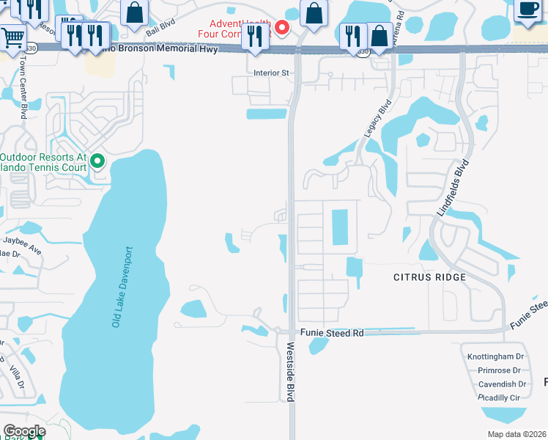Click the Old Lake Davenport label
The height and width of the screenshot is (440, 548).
(122, 287)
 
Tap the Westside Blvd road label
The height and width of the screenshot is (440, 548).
(290, 372)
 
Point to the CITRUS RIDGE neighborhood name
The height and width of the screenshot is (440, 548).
(429, 277)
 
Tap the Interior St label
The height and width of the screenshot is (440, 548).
(272, 73)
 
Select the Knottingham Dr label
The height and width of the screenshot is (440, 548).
(496, 357)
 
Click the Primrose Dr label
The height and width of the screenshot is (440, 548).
(499, 370)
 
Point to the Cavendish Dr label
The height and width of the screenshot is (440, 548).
(501, 384)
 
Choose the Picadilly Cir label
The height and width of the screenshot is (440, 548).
(498, 397)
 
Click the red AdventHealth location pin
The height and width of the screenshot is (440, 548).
(281, 28)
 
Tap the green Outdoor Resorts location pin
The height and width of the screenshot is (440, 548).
(97, 161)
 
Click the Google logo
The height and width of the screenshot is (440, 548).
(24, 431)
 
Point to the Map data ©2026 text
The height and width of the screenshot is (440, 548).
(516, 434)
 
